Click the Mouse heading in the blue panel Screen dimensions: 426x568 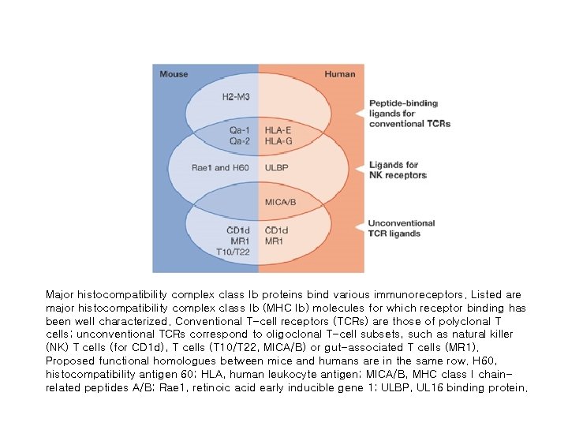[174, 74]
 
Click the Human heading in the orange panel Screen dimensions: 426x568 [340, 74]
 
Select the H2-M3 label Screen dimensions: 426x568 [237, 97]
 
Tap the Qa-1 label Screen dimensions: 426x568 [241, 130]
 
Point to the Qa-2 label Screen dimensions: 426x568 [241, 140]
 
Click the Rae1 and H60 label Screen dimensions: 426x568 [222, 168]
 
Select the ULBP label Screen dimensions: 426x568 [277, 168]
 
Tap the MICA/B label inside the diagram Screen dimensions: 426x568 [281, 202]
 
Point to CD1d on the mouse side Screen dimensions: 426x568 [240, 230]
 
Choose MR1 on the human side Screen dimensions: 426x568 [275, 241]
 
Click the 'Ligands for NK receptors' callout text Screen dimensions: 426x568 [398, 170]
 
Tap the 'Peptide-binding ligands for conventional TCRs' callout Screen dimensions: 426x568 [409, 114]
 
